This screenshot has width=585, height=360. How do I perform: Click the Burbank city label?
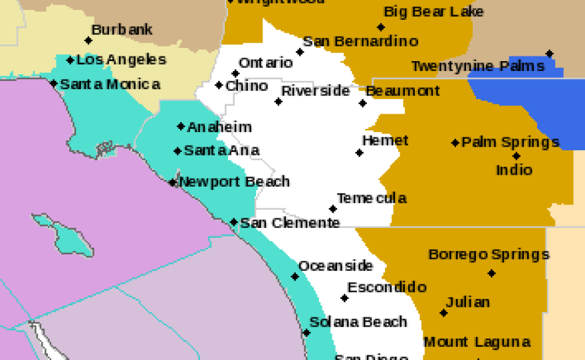click(x=122, y=30)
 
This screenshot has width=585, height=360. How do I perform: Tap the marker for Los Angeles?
click(x=70, y=60)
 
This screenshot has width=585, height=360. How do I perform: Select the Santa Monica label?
click(x=110, y=84)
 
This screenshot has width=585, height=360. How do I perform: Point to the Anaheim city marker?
click(x=181, y=126)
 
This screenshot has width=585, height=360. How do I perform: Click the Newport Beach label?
click(x=234, y=181)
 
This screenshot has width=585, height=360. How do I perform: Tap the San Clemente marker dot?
click(x=234, y=222)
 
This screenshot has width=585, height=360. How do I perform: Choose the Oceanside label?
click(x=335, y=266)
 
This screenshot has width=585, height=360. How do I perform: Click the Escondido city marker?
click(x=344, y=298)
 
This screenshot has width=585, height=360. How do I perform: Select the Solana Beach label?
click(x=358, y=322)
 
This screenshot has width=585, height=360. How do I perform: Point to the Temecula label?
click(x=371, y=198)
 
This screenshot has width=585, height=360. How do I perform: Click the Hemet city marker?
click(x=360, y=153)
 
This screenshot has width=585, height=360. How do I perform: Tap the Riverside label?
click(x=315, y=90)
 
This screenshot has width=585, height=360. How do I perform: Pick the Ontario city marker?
click(x=235, y=74)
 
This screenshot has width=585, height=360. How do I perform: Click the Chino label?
click(x=247, y=86)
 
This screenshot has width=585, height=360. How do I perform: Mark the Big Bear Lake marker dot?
click(x=381, y=27)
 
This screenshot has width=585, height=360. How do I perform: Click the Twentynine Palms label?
click(x=477, y=66)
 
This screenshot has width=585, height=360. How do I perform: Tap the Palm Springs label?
click(x=510, y=142)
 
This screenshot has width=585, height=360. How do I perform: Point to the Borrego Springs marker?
click(x=491, y=273)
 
